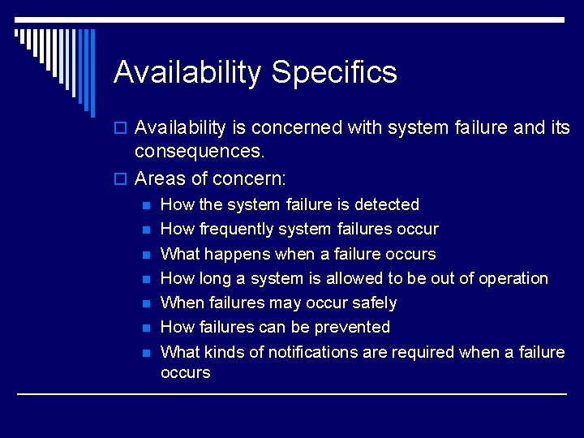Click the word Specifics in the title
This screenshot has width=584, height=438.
[x=334, y=72]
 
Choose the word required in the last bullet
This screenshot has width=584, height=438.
[x=423, y=352]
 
